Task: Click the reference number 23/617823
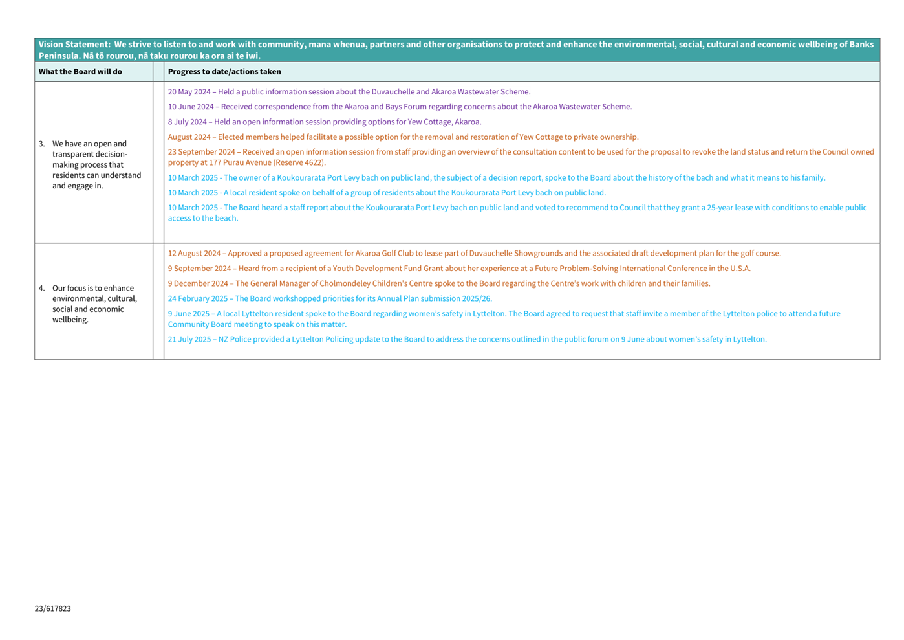(52, 608)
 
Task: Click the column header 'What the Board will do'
(80, 72)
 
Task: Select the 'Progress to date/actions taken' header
(224, 72)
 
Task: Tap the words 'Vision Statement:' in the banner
(74, 45)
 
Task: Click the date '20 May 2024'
(189, 92)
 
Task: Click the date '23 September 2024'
(201, 152)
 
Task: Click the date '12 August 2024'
(194, 254)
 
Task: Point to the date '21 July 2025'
(189, 339)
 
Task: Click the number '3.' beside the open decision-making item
(41, 144)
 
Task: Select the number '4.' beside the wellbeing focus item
(41, 288)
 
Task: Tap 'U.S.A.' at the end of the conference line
(740, 269)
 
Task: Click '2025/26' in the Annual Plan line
(477, 299)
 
